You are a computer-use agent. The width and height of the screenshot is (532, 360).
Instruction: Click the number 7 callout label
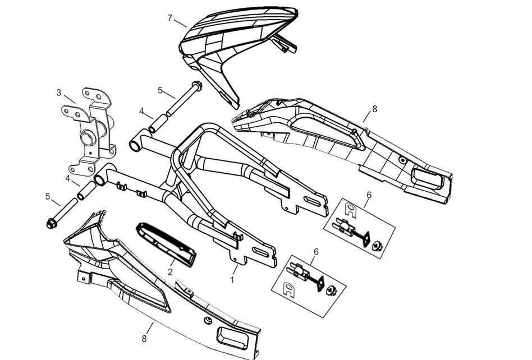(x=169, y=18)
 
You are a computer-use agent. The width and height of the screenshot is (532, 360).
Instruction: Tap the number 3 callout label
(x=58, y=93)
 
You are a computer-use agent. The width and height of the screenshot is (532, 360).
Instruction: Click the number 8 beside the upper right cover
(x=374, y=109)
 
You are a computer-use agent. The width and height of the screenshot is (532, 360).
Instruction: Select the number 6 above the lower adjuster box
(x=316, y=252)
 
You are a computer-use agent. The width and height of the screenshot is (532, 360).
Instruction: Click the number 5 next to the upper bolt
(x=160, y=90)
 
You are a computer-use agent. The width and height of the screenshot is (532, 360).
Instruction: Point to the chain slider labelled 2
(x=167, y=241)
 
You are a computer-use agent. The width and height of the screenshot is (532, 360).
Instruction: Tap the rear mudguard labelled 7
(x=236, y=45)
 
